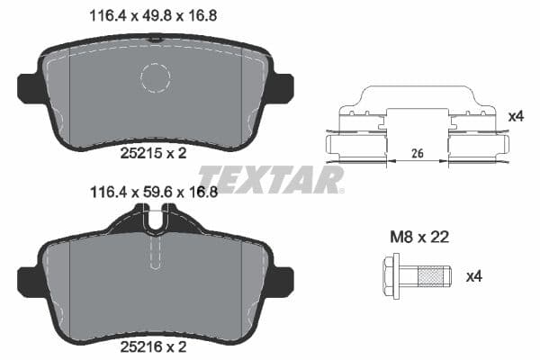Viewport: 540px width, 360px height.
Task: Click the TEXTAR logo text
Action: pos(271,180)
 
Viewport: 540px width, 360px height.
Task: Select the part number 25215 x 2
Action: pos(153,154)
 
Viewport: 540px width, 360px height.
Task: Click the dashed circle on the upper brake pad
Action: pos(156,78)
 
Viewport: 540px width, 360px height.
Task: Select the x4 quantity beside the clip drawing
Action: pos(516,116)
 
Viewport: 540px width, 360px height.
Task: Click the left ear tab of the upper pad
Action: pos(27,87)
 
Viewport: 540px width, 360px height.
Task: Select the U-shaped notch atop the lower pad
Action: pos(156,219)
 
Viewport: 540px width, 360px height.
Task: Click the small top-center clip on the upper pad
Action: pos(156,38)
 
